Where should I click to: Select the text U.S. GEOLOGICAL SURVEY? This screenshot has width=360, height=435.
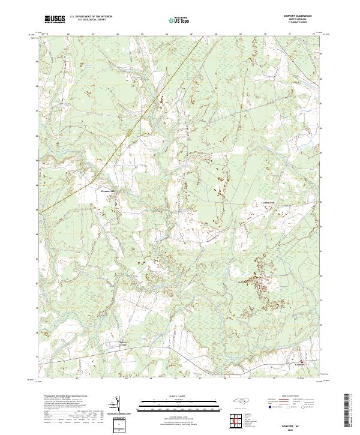coord(92,20)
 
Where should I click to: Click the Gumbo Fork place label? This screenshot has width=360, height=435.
coord(268,203)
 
